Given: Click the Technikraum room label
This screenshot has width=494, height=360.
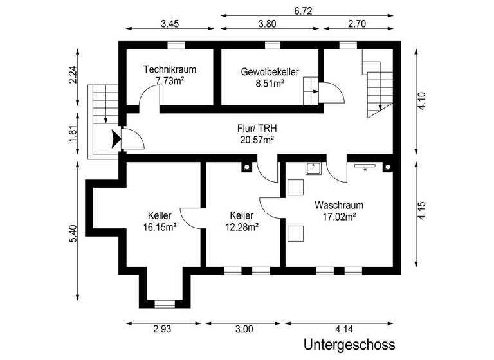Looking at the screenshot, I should click(x=170, y=69).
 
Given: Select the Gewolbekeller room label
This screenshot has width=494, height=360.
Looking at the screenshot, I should click(x=270, y=72).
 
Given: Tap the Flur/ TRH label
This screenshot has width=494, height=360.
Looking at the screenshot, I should click(x=257, y=128).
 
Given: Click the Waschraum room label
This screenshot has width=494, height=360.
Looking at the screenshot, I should click(x=339, y=206).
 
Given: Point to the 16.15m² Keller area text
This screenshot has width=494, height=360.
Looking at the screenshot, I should click(x=160, y=226).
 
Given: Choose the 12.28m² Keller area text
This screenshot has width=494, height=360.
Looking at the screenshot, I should click(x=241, y=226).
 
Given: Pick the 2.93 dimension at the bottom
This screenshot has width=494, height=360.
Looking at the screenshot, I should click(x=162, y=330).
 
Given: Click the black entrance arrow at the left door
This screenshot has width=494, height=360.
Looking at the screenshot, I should click(x=116, y=139).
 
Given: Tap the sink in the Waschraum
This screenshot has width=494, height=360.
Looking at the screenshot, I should click(x=313, y=168).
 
